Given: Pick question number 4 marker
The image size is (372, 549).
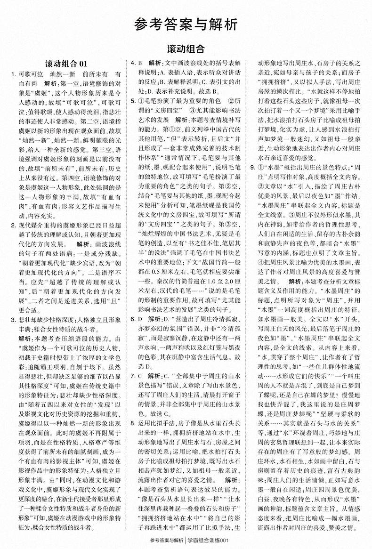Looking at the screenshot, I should click(x=133, y=63).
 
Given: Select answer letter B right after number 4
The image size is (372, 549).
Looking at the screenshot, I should click(x=140, y=63).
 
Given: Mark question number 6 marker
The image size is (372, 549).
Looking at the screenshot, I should click(x=133, y=319).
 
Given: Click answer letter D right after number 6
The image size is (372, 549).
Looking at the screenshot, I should click(x=140, y=319).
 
